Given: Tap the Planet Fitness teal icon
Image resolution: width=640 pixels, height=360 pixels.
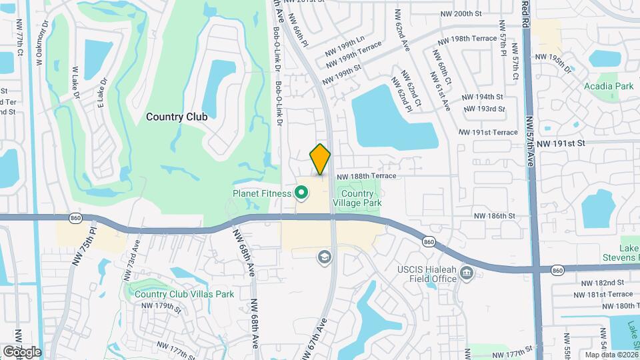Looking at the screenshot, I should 301,193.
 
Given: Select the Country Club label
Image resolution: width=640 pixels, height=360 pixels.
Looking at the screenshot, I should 177,117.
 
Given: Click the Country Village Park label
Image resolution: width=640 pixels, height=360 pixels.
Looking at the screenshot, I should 357,197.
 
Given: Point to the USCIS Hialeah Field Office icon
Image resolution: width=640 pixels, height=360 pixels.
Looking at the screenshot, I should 467,273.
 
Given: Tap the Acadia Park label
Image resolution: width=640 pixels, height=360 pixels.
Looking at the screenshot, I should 608,87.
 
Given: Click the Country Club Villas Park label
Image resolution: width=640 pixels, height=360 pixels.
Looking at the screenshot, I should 183,294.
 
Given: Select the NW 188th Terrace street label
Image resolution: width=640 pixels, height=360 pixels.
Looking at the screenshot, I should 367,176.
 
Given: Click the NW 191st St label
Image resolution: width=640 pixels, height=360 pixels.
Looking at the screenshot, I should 560,143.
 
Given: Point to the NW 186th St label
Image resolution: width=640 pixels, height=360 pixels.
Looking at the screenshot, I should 495,216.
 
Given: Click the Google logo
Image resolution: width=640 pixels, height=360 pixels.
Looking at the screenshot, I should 21,352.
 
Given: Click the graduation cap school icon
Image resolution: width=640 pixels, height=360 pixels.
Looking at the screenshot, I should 324,257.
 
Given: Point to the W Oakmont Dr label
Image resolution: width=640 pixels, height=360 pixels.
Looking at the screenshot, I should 39,41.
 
